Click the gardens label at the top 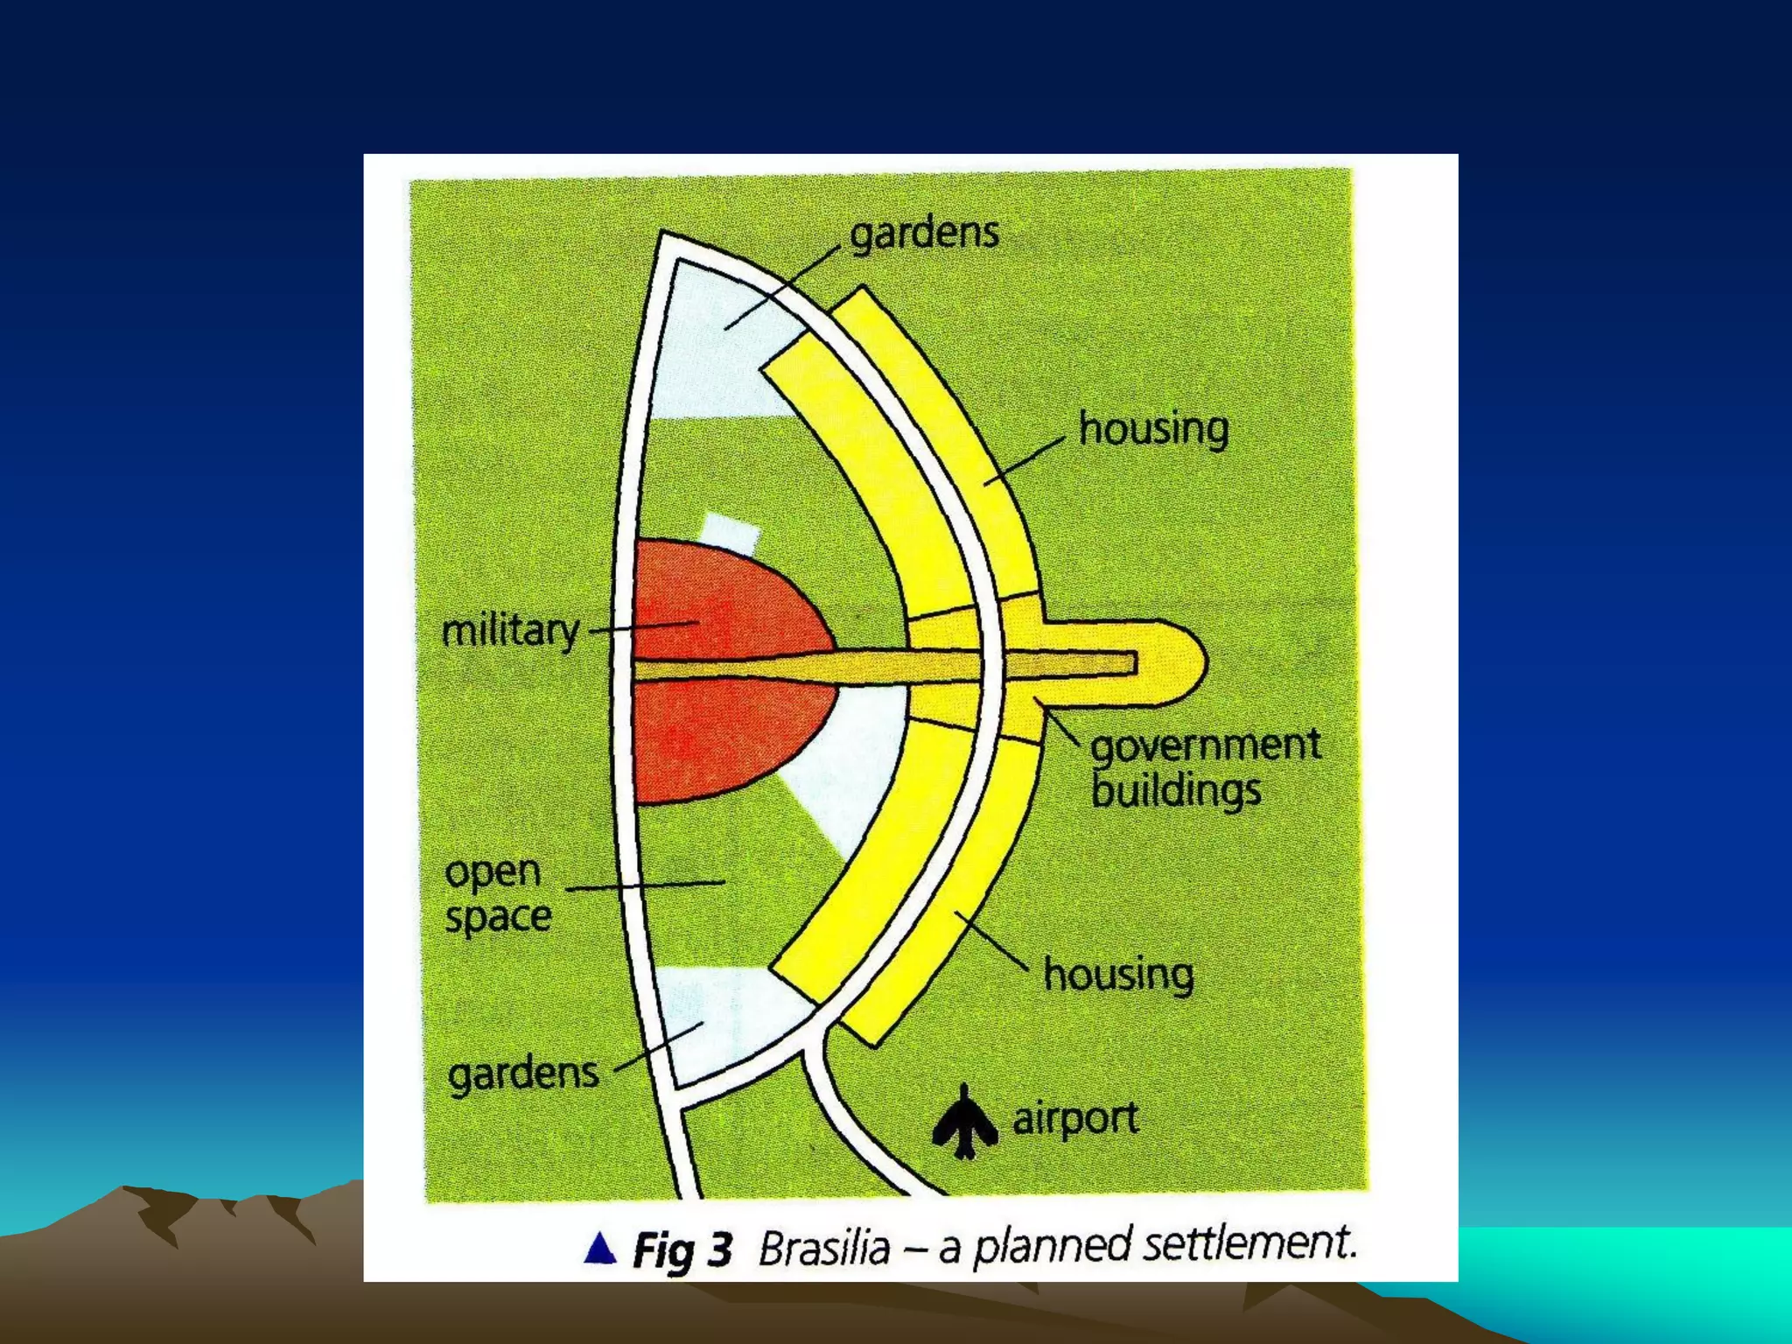(924, 234)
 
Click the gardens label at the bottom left (523, 1074)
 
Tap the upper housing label (1153, 430)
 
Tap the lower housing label (1118, 975)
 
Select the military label (510, 630)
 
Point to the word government (1206, 745)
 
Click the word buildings (1176, 791)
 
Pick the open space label (497, 894)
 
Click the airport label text (1075, 1118)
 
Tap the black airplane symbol (964, 1123)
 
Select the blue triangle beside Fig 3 (600, 1249)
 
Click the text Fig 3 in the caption (682, 1249)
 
